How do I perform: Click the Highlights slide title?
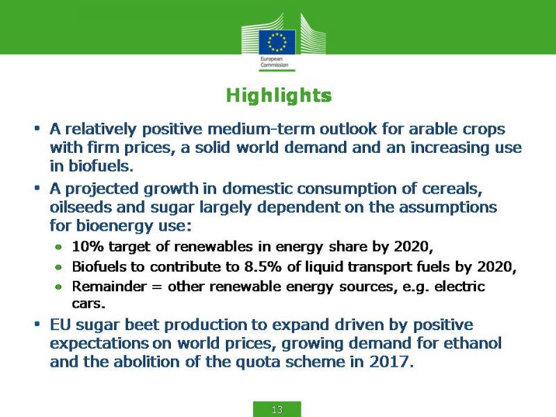point(279,96)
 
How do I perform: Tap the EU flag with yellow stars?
point(277,42)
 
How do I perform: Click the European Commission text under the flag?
point(274,62)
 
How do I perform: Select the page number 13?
point(277,409)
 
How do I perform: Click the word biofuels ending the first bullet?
point(101,166)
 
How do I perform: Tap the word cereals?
point(452,188)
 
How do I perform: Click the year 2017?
point(391,362)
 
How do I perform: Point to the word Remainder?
point(109,286)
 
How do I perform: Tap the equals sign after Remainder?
point(157,286)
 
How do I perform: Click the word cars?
point(89,304)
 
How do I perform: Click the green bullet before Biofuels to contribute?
point(59,267)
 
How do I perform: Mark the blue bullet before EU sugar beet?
point(37,324)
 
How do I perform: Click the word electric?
point(459,286)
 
